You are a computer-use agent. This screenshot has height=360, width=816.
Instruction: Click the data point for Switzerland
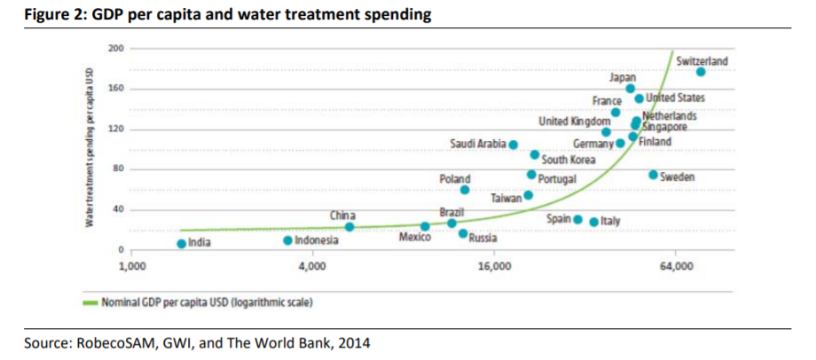[x=700, y=73]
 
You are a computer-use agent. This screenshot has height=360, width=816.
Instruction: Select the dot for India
[x=182, y=243]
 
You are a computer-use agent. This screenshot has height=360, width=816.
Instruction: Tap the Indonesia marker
[x=287, y=240]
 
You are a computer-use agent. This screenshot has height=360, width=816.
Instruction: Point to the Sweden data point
[x=654, y=175]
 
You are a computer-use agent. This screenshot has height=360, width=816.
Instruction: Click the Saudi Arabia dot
[x=513, y=144]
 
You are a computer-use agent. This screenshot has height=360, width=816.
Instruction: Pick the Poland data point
[x=464, y=190]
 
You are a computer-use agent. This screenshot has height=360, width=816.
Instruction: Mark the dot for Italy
[x=594, y=220]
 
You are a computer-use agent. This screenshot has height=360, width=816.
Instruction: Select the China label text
[x=342, y=215]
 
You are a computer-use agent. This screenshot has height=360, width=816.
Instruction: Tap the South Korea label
[x=568, y=160]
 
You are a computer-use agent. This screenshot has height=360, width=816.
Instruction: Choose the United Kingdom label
[x=574, y=120]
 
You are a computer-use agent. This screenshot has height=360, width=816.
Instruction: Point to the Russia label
[x=483, y=238]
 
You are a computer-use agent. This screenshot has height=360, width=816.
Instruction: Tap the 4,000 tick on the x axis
[x=311, y=266]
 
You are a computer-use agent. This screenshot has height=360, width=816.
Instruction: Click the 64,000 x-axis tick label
[x=675, y=266]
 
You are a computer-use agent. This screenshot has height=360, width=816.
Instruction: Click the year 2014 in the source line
[x=351, y=342]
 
